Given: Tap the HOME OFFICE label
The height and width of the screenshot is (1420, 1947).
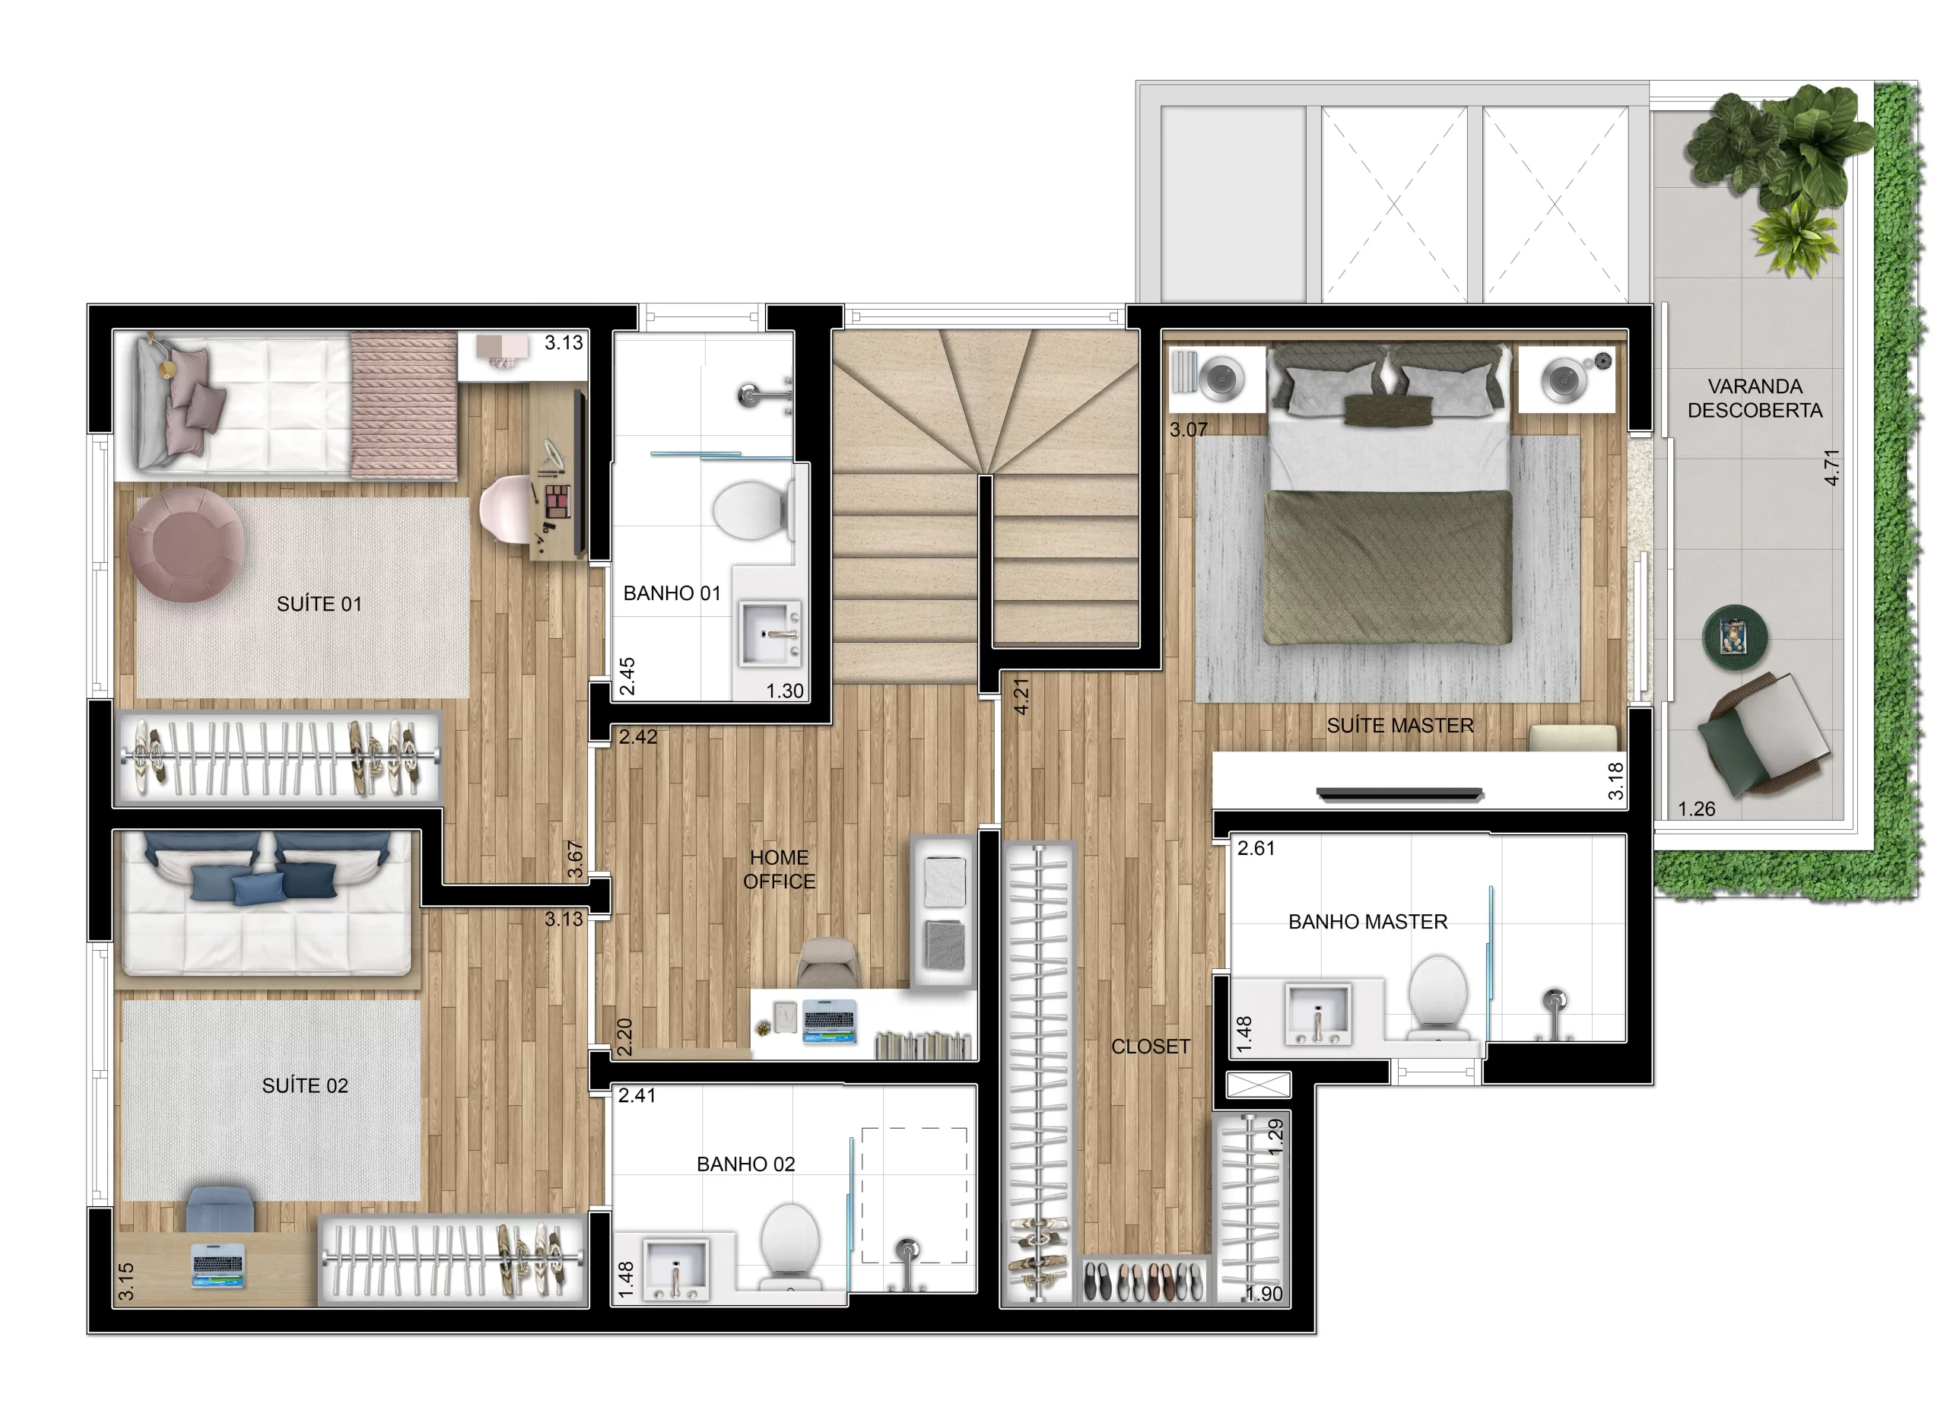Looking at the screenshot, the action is [x=779, y=869].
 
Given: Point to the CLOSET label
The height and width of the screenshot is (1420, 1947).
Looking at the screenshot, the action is [x=1149, y=1046].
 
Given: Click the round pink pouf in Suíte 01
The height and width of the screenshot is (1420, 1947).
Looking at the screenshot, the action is [x=186, y=543].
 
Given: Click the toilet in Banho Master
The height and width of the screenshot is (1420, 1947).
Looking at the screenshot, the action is [x=1437, y=993].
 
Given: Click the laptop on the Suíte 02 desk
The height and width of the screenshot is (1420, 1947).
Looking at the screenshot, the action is [x=218, y=1266].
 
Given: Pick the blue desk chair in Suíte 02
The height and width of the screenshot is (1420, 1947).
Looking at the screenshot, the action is [x=220, y=1209].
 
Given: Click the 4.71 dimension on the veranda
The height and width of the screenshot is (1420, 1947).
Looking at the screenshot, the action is [x=1831, y=467].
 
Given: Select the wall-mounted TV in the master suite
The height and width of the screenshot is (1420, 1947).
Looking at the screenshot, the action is [x=1399, y=794].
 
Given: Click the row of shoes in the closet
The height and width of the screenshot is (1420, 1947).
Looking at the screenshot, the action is [x=1142, y=1281].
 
